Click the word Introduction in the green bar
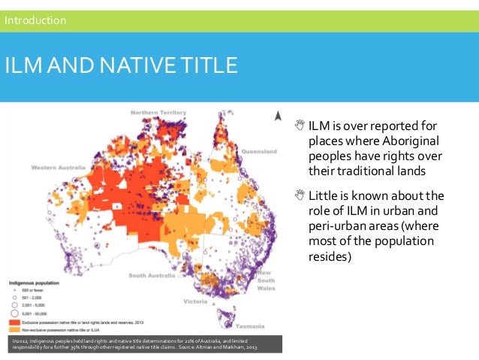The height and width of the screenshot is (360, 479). coord(35,20)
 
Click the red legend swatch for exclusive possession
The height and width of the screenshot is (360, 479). coord(14,320)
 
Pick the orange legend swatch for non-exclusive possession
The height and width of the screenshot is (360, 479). coord(14,328)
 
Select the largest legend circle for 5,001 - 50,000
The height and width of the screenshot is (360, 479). coord(14,313)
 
